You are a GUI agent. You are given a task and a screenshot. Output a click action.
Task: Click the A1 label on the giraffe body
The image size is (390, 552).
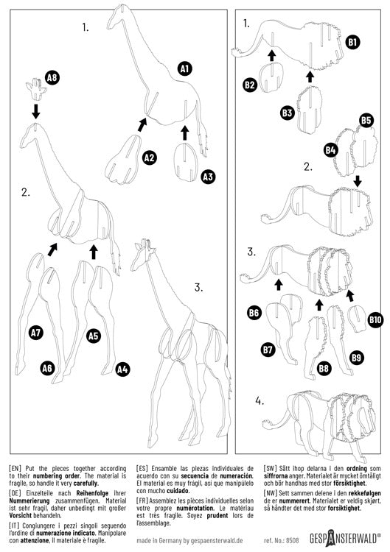tap(185, 68)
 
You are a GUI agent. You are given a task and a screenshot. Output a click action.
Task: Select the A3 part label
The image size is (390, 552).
tap(208, 177)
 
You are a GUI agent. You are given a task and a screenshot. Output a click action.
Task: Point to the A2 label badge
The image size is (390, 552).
tap(149, 157)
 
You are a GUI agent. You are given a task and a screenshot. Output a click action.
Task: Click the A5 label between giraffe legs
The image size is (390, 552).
tap(94, 335)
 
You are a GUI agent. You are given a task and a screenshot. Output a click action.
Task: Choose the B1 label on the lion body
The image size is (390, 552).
tap(353, 43)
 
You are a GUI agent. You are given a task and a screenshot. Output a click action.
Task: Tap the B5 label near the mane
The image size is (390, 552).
tap(366, 120)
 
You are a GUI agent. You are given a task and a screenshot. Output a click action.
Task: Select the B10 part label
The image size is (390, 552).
tap(375, 319)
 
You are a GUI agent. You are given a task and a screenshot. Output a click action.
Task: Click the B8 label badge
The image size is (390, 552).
tap(323, 367)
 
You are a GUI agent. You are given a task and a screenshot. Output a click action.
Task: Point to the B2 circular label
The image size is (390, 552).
tap(250, 85)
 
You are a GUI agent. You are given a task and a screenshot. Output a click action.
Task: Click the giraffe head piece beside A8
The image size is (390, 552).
tap(36, 89)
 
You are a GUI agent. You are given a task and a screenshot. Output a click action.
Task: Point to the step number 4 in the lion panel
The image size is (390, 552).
tap(259, 401)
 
